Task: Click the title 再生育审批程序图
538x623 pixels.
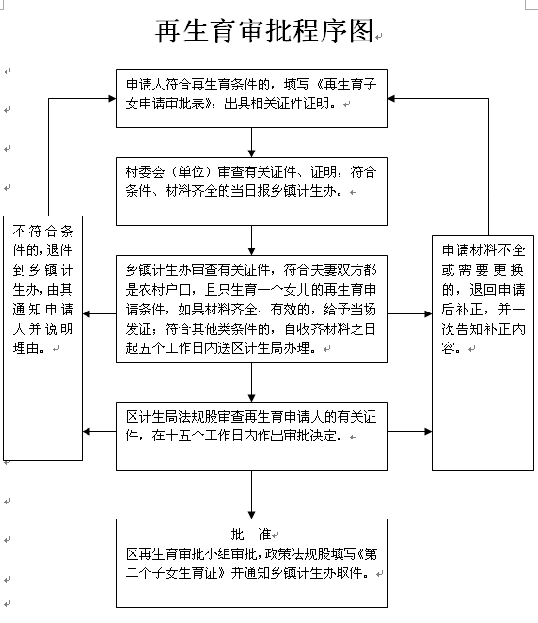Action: [x=264, y=31]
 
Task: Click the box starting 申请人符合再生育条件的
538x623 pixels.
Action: [x=251, y=98]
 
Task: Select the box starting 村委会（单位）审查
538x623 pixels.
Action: [x=251, y=191]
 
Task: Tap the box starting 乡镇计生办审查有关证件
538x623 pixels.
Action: [x=251, y=309]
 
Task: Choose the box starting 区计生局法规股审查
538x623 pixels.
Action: [x=251, y=437]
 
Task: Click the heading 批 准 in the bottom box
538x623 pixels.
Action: [x=251, y=535]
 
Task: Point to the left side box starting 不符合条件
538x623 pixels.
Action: [x=43, y=338]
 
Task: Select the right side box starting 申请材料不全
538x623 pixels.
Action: [x=483, y=353]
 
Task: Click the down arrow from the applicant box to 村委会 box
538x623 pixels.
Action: [x=251, y=143]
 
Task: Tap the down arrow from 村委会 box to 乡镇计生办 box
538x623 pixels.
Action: [x=251, y=240]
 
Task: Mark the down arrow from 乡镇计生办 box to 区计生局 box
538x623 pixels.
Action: [x=251, y=383]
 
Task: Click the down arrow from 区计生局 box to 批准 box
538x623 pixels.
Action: [x=251, y=495]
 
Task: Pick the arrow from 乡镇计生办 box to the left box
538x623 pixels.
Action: [x=100, y=314]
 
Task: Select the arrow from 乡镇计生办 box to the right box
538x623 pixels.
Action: [x=409, y=314]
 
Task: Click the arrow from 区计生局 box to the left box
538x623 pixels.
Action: [x=100, y=432]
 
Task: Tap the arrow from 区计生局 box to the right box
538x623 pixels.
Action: [x=409, y=432]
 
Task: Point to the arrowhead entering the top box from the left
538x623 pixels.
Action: [x=112, y=98]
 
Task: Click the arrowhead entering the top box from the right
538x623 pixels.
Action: [x=391, y=98]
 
